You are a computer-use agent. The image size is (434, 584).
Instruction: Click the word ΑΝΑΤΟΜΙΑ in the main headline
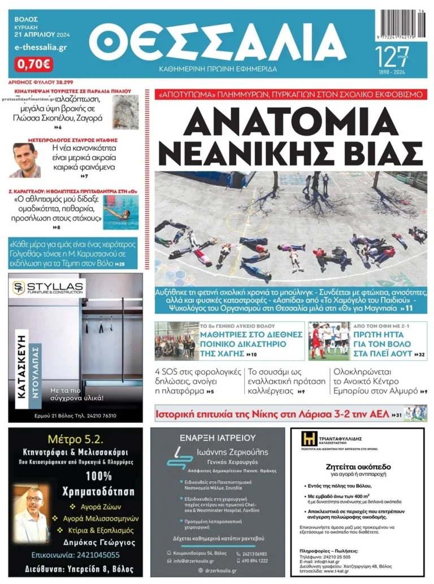(288, 122)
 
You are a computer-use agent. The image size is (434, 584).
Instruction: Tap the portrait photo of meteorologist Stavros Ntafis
(27, 160)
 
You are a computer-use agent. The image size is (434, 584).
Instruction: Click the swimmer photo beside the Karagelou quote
(120, 216)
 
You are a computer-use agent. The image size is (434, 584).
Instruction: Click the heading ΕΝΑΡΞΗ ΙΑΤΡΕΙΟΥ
(218, 438)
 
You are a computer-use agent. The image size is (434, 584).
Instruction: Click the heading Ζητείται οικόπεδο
(358, 467)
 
